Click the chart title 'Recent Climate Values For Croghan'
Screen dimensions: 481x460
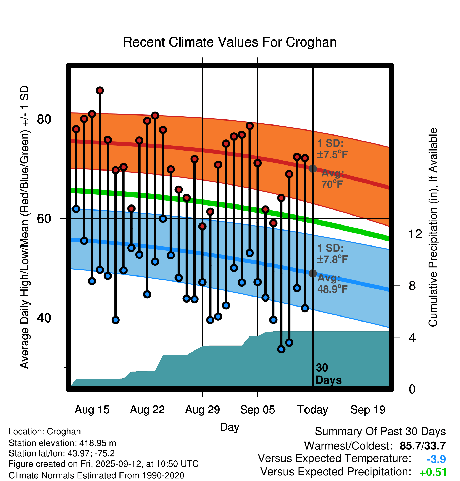pos(230,42)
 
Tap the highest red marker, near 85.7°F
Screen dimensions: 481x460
pos(100,91)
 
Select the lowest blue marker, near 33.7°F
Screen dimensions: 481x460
pos(281,349)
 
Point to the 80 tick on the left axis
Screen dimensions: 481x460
pos(44,119)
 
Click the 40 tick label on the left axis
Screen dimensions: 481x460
pos(44,318)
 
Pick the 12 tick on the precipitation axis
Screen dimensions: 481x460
pos(415,234)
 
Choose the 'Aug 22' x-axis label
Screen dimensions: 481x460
pos(147,410)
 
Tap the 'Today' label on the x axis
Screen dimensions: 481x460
pos(313,410)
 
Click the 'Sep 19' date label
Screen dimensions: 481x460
pos(368,410)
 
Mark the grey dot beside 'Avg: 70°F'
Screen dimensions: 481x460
pos(313,168)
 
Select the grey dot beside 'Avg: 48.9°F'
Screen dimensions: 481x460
pos(313,273)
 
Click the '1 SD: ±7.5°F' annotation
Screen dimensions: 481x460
pos(332,149)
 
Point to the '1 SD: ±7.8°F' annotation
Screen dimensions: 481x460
pos(332,254)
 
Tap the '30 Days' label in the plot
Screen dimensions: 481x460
pos(328,374)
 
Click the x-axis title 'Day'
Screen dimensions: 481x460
pos(229,427)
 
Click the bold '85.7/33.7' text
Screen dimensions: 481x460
pos(422,446)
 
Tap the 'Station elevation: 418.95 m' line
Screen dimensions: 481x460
pos(62,443)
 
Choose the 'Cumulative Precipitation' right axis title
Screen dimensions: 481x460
pos(433,228)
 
